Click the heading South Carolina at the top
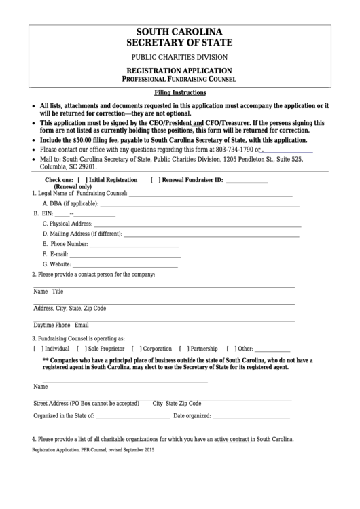click(x=179, y=32)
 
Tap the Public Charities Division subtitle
click(x=179, y=57)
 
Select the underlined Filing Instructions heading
click(x=179, y=92)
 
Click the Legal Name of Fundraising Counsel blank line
click(x=215, y=195)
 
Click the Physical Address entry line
click(x=198, y=224)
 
